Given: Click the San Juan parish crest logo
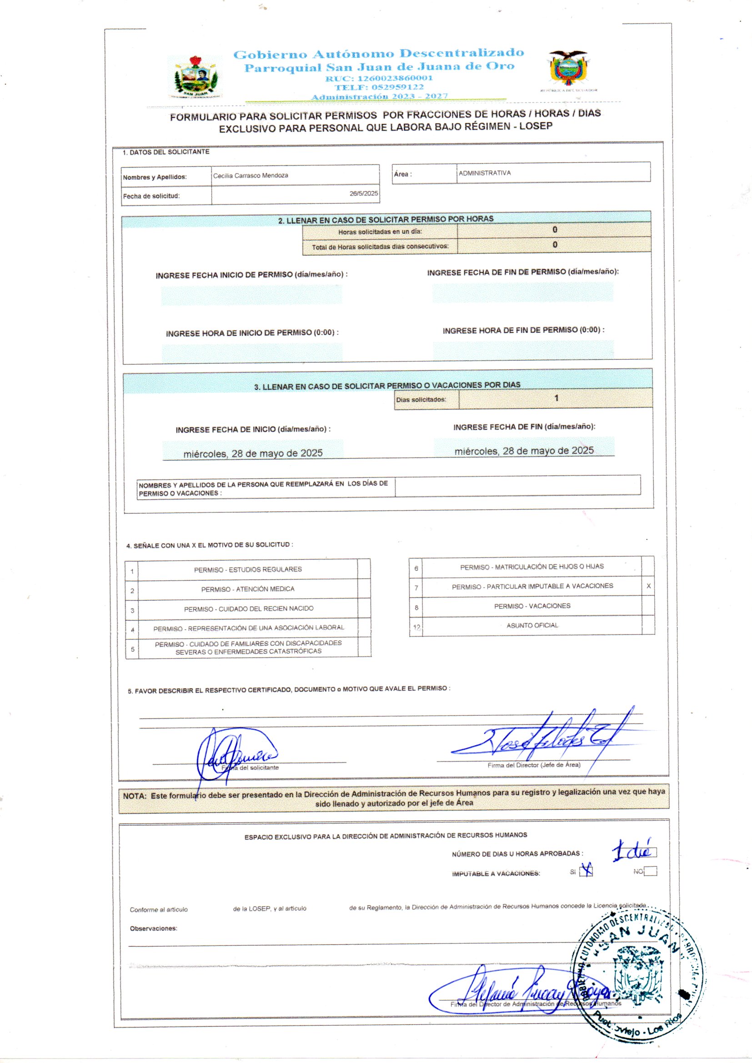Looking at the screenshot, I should (x=195, y=77).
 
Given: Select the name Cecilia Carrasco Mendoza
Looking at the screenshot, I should (x=251, y=175).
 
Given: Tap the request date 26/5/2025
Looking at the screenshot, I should (x=364, y=194).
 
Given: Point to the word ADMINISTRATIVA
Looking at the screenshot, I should (x=484, y=173).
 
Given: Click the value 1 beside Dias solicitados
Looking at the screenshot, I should (x=556, y=398).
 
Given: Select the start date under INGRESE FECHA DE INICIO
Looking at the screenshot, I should (x=253, y=453).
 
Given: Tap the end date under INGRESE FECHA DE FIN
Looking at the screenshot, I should (x=524, y=451).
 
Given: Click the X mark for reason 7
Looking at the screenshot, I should (x=648, y=586).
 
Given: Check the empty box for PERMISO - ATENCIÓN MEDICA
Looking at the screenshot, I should (x=364, y=588).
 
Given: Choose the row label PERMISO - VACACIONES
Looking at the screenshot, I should (x=532, y=606).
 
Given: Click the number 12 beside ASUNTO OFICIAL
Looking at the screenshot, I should (x=416, y=627).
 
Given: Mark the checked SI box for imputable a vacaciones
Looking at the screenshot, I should (x=586, y=871).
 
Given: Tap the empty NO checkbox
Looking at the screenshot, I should (x=650, y=871).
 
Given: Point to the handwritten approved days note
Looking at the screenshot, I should (x=632, y=851).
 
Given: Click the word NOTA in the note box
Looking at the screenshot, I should (x=134, y=796).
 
